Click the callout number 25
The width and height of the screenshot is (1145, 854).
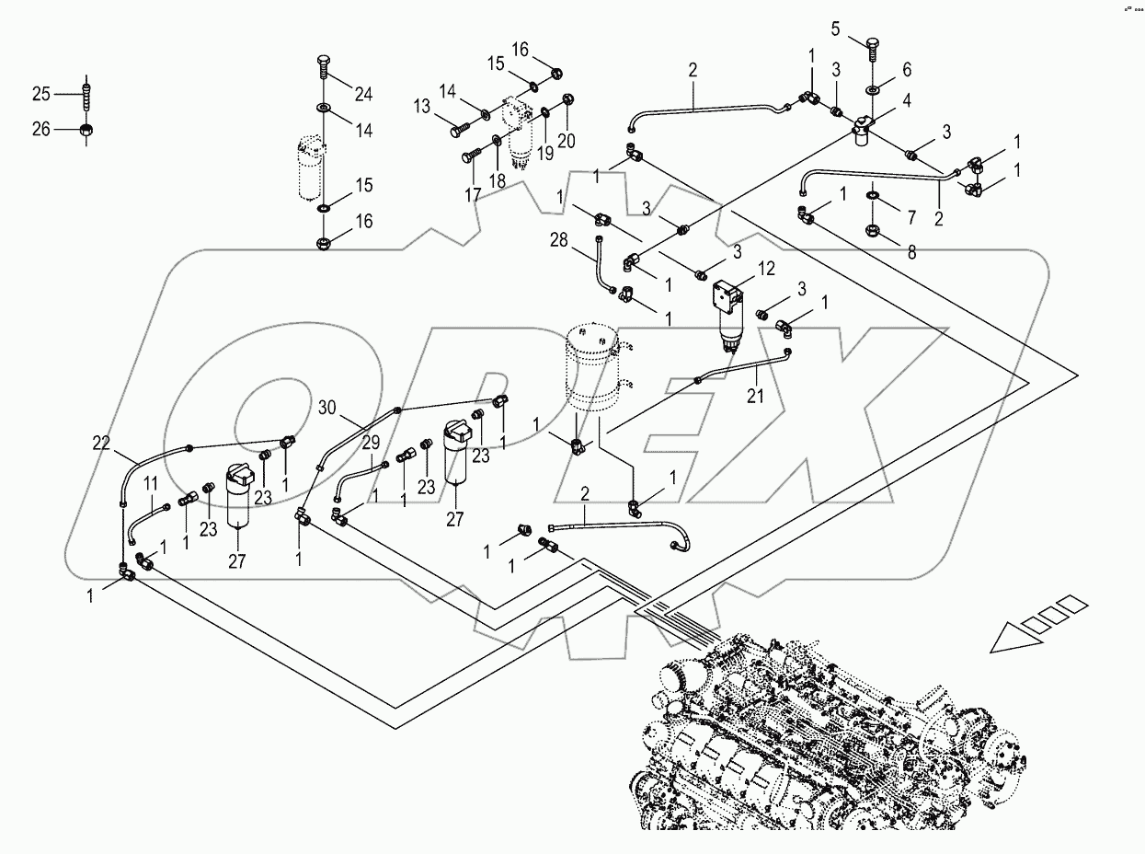pyautogui.click(x=42, y=94)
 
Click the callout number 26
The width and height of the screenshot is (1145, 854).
pyautogui.click(x=42, y=129)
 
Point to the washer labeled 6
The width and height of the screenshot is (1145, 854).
pyautogui.click(x=872, y=91)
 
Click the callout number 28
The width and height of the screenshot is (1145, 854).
pyautogui.click(x=584, y=241)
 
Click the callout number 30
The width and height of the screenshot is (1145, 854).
pyautogui.click(x=328, y=406)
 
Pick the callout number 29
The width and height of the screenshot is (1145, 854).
pyautogui.click(x=369, y=443)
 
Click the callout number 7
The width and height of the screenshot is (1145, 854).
pyautogui.click(x=911, y=217)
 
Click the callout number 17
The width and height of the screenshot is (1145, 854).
pyautogui.click(x=473, y=194)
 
